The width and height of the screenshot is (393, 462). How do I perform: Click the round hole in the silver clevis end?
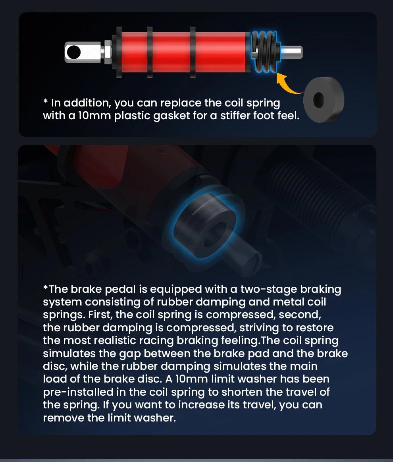click(x=73, y=52)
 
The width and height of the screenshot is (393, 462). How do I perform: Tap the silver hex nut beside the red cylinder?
click(x=108, y=52)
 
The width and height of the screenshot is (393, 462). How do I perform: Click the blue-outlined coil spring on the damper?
click(x=264, y=52)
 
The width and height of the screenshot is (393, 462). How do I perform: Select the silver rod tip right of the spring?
click(x=291, y=52)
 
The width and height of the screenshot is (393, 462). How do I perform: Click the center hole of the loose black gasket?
click(x=318, y=99)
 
